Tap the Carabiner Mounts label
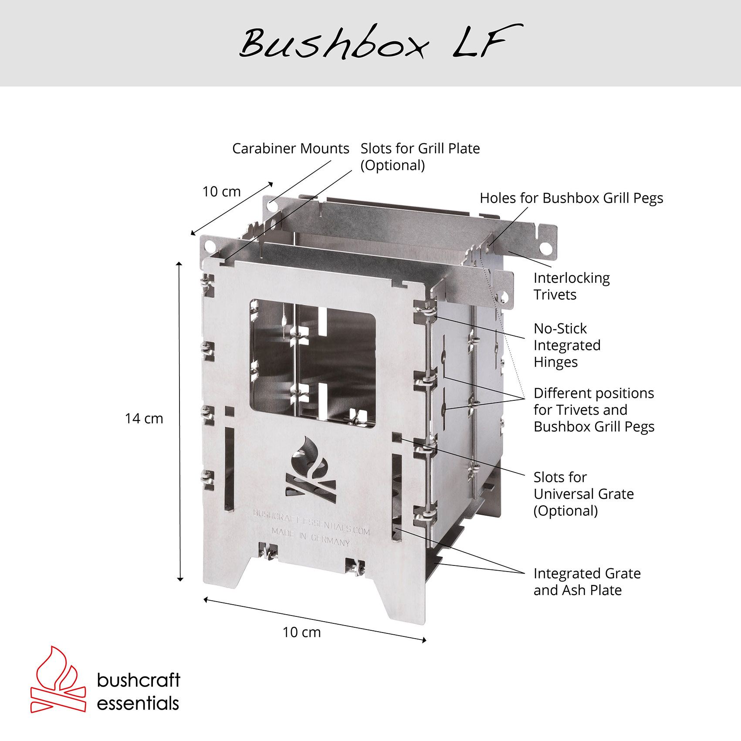[x=291, y=149]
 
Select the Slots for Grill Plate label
[x=420, y=156]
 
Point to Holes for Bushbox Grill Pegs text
[x=571, y=198]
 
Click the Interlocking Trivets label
[x=571, y=286]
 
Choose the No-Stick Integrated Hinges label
[x=567, y=345]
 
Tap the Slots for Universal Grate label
[x=583, y=494]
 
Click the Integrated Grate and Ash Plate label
[x=587, y=582]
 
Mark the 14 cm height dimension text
[x=144, y=419]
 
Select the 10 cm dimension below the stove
[x=301, y=632]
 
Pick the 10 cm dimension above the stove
[x=221, y=192]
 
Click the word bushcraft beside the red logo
[x=139, y=680]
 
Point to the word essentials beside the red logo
[x=138, y=704]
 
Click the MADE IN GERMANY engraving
[x=311, y=537]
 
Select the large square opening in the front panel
[x=312, y=363]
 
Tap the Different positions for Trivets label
[x=594, y=410]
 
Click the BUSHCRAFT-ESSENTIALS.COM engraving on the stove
[x=311, y=522]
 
